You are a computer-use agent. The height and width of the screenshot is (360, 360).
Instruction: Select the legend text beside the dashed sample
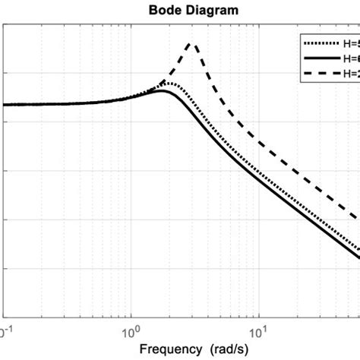tap(350, 73)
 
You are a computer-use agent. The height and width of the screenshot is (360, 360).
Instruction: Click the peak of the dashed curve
tap(192, 44)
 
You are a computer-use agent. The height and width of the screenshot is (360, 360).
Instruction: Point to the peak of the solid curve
tap(161, 91)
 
